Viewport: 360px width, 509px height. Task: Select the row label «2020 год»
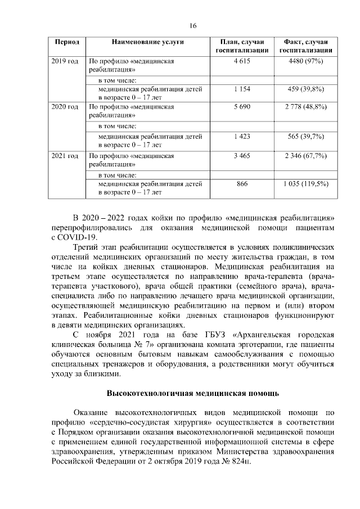click(65, 106)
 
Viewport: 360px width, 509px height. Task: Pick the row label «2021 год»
click(65, 155)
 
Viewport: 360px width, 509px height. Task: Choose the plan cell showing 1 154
click(241, 89)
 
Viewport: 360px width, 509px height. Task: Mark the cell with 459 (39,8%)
click(306, 89)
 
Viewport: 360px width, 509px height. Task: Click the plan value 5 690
click(241, 106)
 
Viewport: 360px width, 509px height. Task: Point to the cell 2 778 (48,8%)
click(306, 106)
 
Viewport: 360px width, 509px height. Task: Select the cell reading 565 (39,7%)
click(306, 136)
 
